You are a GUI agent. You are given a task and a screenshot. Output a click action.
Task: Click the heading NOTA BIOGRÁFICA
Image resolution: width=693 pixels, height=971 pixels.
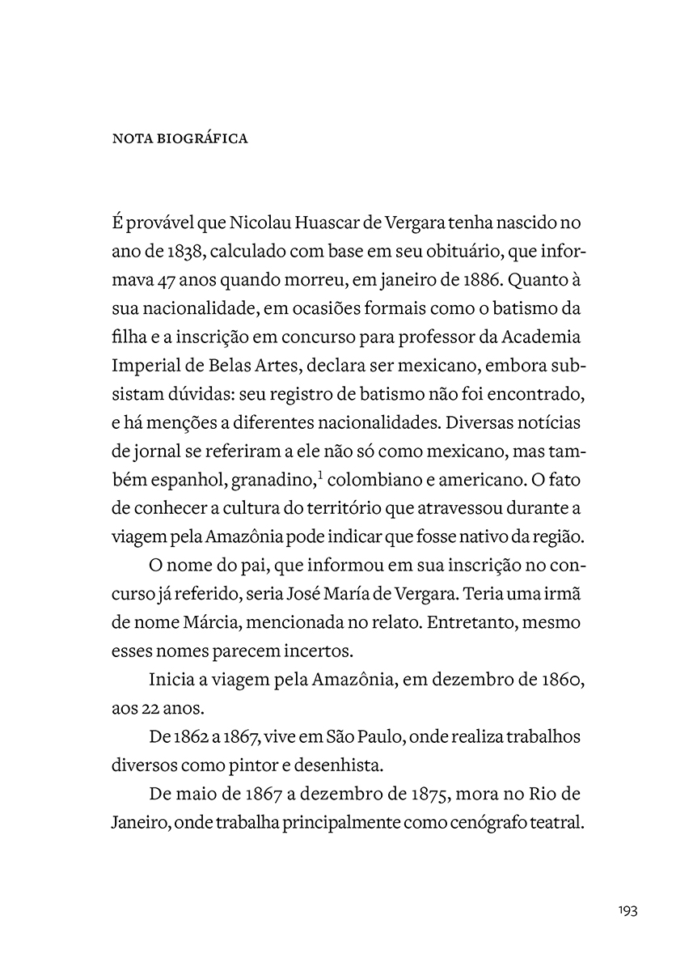pyautogui.click(x=179, y=138)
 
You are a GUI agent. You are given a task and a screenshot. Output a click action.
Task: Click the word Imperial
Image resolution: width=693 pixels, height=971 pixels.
pyautogui.click(x=144, y=367)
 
